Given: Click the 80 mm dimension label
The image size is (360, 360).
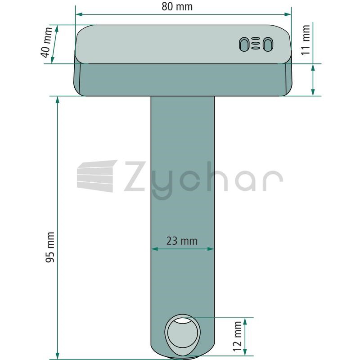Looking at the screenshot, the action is pos(177,6).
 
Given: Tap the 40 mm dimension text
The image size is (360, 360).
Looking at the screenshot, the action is pos(46,42).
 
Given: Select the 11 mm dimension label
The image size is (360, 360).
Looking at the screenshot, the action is pos(306,40).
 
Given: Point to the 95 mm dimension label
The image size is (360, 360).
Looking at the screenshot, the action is pos(50,247).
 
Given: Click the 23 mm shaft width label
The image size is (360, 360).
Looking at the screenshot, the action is pos(182,241).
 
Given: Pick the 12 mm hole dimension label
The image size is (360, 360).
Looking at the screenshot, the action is pos(237,336).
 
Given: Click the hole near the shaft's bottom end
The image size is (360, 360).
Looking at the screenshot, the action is pos(183,333).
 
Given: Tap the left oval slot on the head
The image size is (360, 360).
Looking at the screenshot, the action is pos(244,44).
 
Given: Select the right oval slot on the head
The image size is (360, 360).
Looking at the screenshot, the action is pos(268,44).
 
